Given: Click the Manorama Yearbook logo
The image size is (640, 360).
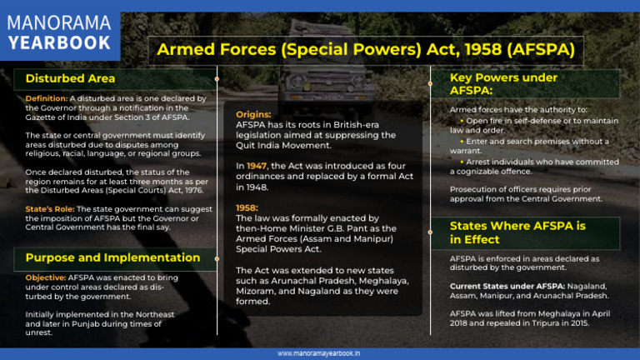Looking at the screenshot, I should tap(59, 31).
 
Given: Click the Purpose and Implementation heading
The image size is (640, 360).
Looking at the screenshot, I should tap(112, 257).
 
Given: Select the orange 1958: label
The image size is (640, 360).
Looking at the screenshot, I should tap(248, 207).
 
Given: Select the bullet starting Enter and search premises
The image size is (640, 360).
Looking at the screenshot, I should tap(529, 141).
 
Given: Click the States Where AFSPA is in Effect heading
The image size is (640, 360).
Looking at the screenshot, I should tap(517, 232).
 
